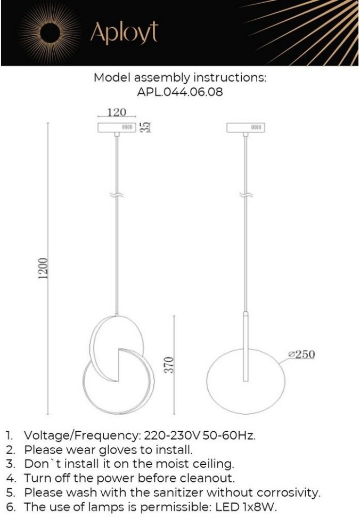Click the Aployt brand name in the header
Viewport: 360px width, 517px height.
tap(124, 33)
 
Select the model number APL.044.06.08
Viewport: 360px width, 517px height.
tap(180, 92)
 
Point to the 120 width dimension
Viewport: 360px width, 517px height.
tap(117, 112)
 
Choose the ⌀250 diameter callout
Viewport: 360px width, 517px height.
tap(301, 354)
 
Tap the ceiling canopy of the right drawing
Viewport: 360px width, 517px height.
tap(246, 128)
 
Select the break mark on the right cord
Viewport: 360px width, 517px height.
tap(246, 195)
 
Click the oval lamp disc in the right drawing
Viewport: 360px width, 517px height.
tap(224, 373)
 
